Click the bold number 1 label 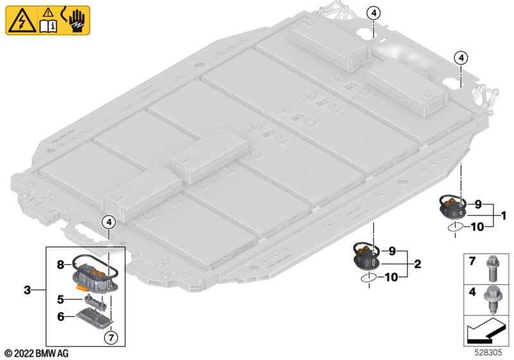504,215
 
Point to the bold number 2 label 418,263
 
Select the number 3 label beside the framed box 28,291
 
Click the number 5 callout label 60,299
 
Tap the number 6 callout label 60,317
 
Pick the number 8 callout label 60,264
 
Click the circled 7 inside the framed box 110,337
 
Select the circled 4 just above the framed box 109,222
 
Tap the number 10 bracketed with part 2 391,277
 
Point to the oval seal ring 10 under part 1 454,227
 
